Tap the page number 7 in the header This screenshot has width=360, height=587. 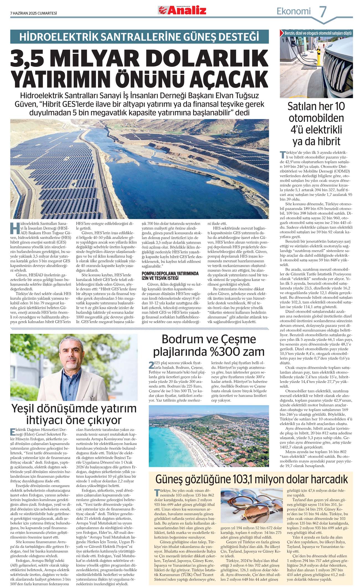click(323, 12)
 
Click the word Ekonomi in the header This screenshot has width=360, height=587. click(294, 11)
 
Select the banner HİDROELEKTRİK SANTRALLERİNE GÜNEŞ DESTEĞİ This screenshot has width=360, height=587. click(139, 37)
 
